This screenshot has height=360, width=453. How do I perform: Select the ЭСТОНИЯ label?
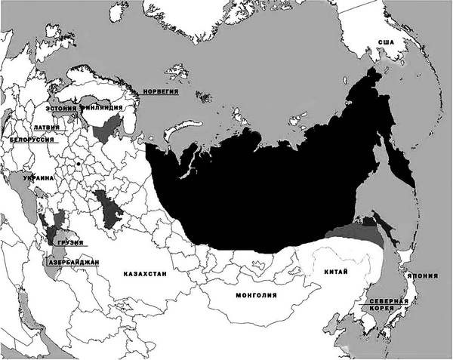click(62, 109)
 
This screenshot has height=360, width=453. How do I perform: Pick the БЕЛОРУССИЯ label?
click(30, 140)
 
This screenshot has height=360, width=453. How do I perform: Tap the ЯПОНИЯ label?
click(421, 276)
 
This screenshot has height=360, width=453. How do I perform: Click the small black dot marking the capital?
click(78, 162)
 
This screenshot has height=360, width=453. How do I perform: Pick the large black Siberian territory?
click(272, 181)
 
